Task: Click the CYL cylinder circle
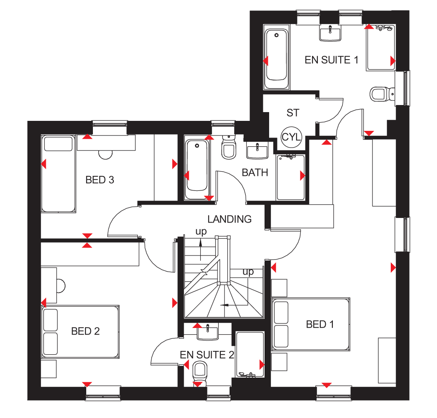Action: pyautogui.click(x=291, y=137)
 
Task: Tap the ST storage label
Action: pyautogui.click(x=292, y=113)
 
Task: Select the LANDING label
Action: pyautogui.click(x=230, y=219)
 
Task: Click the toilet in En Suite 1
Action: pyautogui.click(x=382, y=94)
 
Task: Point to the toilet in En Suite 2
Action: pyautogui.click(x=200, y=374)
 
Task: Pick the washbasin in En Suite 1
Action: pyautogui.click(x=330, y=33)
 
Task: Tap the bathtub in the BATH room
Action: pyautogui.click(x=197, y=169)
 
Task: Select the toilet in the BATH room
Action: pyautogui.click(x=229, y=148)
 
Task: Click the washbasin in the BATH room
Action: pyautogui.click(x=257, y=150)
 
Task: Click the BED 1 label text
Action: pyautogui.click(x=320, y=324)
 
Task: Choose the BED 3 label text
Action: pyautogui.click(x=100, y=180)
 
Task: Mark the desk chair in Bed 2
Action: pyautogui.click(x=61, y=286)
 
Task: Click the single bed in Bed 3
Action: pyautogui.click(x=58, y=174)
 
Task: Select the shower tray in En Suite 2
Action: pyautogui.click(x=250, y=354)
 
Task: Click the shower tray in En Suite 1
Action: pyautogui.click(x=381, y=47)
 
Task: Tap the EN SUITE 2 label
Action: pyautogui.click(x=207, y=355)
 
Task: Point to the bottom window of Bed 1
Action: pyautogui.click(x=334, y=393)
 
